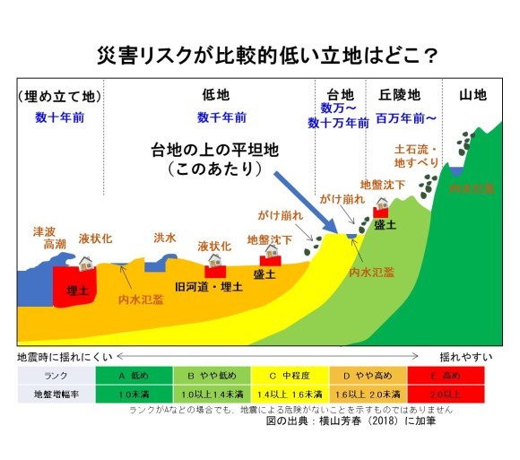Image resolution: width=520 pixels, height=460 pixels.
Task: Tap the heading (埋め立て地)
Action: pyautogui.click(x=55, y=95)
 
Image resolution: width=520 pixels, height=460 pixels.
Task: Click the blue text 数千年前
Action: pyautogui.click(x=215, y=117)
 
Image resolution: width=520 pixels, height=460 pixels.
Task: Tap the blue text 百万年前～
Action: pyautogui.click(x=406, y=117)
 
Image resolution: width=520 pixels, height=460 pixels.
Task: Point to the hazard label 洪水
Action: pyautogui.click(x=165, y=238)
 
